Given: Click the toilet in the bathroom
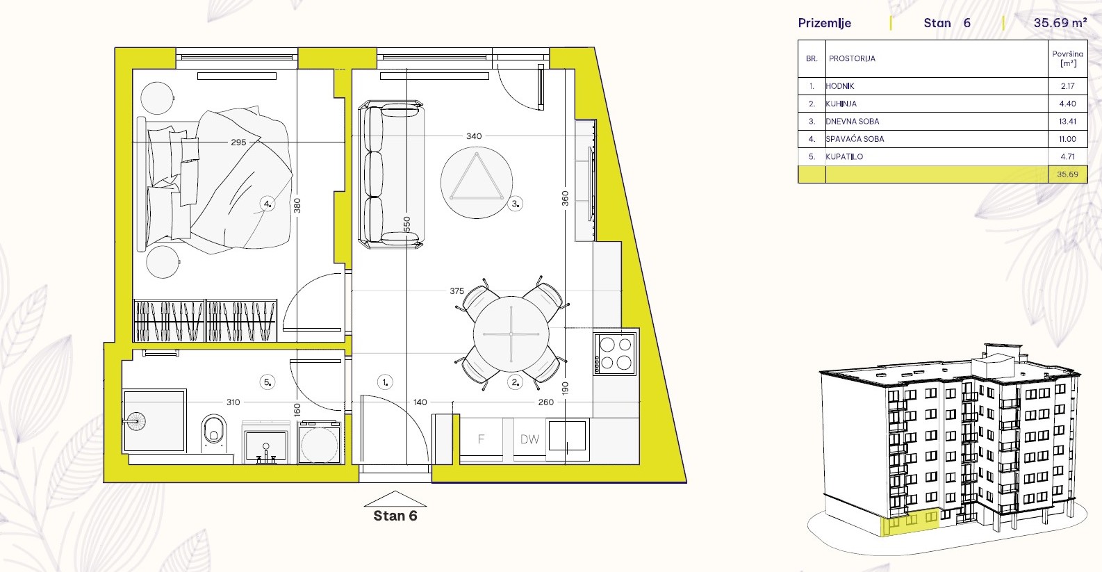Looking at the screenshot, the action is click(214, 434).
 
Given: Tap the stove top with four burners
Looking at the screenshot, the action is click(615, 354).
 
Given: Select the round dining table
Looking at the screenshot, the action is click(511, 334).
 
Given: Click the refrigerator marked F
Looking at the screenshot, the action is click(481, 439).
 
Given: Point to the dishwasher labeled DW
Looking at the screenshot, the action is click(529, 439).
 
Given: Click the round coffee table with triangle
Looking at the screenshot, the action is click(476, 182).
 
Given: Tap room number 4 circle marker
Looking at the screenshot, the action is click(267, 204).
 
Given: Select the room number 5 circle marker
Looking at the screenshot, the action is click(267, 382).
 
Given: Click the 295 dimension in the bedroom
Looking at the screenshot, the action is click(238, 142).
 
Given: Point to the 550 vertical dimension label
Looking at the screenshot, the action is click(407, 224).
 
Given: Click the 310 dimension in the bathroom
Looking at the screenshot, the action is click(233, 402).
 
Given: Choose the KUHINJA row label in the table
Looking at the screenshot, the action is click(841, 104).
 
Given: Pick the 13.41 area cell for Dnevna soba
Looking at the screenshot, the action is click(1067, 122).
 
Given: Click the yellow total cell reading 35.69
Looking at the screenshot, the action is click(1067, 174).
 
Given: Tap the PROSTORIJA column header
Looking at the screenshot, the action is click(852, 58).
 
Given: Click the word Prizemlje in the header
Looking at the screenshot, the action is click(825, 23).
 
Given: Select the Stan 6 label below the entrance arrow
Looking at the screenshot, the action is click(395, 516).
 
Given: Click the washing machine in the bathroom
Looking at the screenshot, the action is click(320, 442).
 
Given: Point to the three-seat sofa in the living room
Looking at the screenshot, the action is click(391, 174).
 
